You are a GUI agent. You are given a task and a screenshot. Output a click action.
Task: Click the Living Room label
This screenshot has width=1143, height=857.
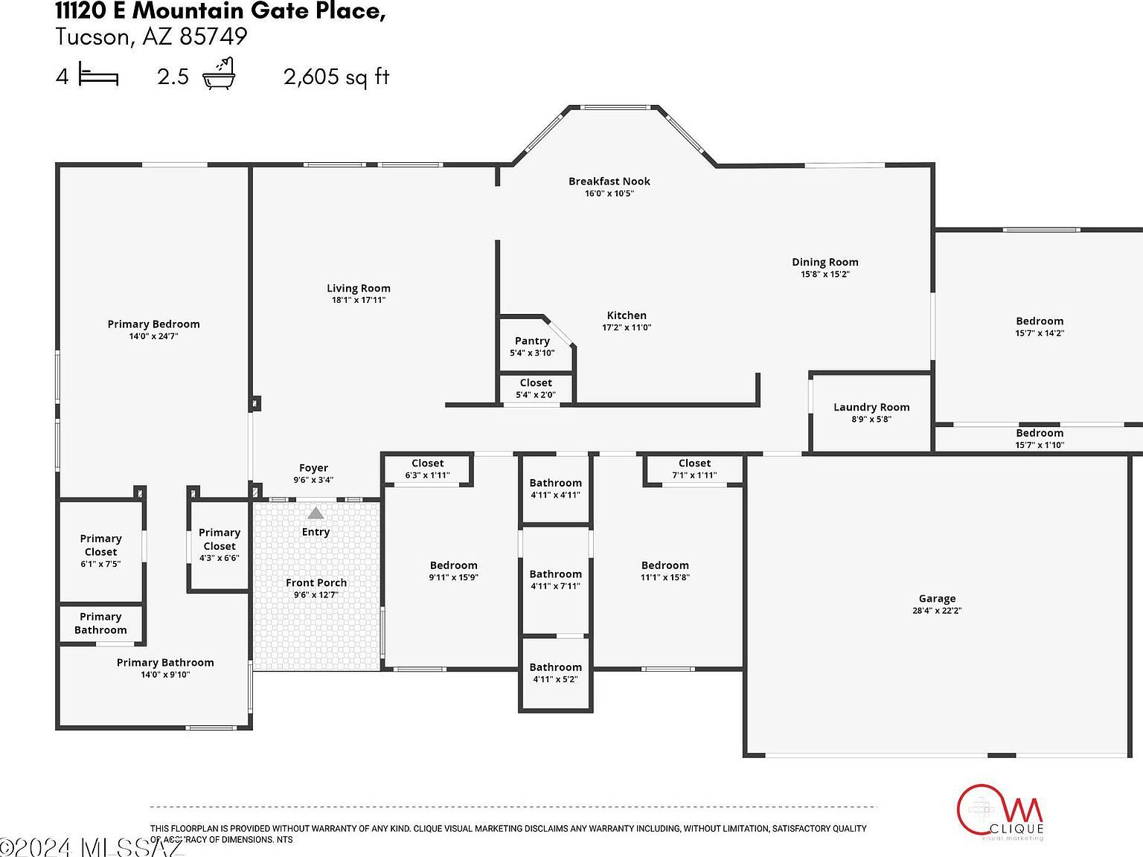[358, 289]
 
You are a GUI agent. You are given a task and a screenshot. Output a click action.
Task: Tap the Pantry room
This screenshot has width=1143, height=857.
[532, 346]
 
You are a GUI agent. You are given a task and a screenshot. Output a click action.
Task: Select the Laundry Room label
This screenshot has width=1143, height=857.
[871, 407]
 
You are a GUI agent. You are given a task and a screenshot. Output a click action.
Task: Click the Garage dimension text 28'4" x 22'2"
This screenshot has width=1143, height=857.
[937, 611]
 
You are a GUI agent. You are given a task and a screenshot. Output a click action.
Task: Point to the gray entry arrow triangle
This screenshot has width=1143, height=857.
[316, 513]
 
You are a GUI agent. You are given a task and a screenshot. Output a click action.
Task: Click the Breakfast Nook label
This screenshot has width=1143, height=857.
[609, 182]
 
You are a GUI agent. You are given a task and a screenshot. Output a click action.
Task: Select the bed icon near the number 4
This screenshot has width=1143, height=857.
[98, 76]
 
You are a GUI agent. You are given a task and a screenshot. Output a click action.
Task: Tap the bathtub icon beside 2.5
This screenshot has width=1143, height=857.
[220, 74]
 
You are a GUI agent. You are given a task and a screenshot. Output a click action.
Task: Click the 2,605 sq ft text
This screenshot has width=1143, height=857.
[336, 77]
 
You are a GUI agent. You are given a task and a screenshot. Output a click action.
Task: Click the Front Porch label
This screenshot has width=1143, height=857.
[316, 582]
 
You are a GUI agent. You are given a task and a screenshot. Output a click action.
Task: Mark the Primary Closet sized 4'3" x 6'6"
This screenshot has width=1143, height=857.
[219, 545]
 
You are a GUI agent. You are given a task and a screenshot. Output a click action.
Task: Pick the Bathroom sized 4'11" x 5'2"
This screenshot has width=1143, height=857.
[555, 673]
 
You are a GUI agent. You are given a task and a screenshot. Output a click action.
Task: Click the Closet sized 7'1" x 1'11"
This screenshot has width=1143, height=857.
[694, 469]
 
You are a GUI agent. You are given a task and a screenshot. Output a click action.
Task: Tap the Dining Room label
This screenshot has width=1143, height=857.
[825, 262]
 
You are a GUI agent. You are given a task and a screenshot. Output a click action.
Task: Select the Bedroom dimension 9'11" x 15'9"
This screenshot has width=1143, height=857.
[453, 577]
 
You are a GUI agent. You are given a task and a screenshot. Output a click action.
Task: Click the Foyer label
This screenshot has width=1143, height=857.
[313, 468]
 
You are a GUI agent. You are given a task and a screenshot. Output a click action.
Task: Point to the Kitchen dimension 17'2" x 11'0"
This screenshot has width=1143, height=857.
[627, 327]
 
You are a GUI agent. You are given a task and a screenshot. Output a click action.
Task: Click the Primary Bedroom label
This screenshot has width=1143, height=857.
[153, 324]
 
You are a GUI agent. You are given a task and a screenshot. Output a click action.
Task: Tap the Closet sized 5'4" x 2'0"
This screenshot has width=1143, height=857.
[536, 388]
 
